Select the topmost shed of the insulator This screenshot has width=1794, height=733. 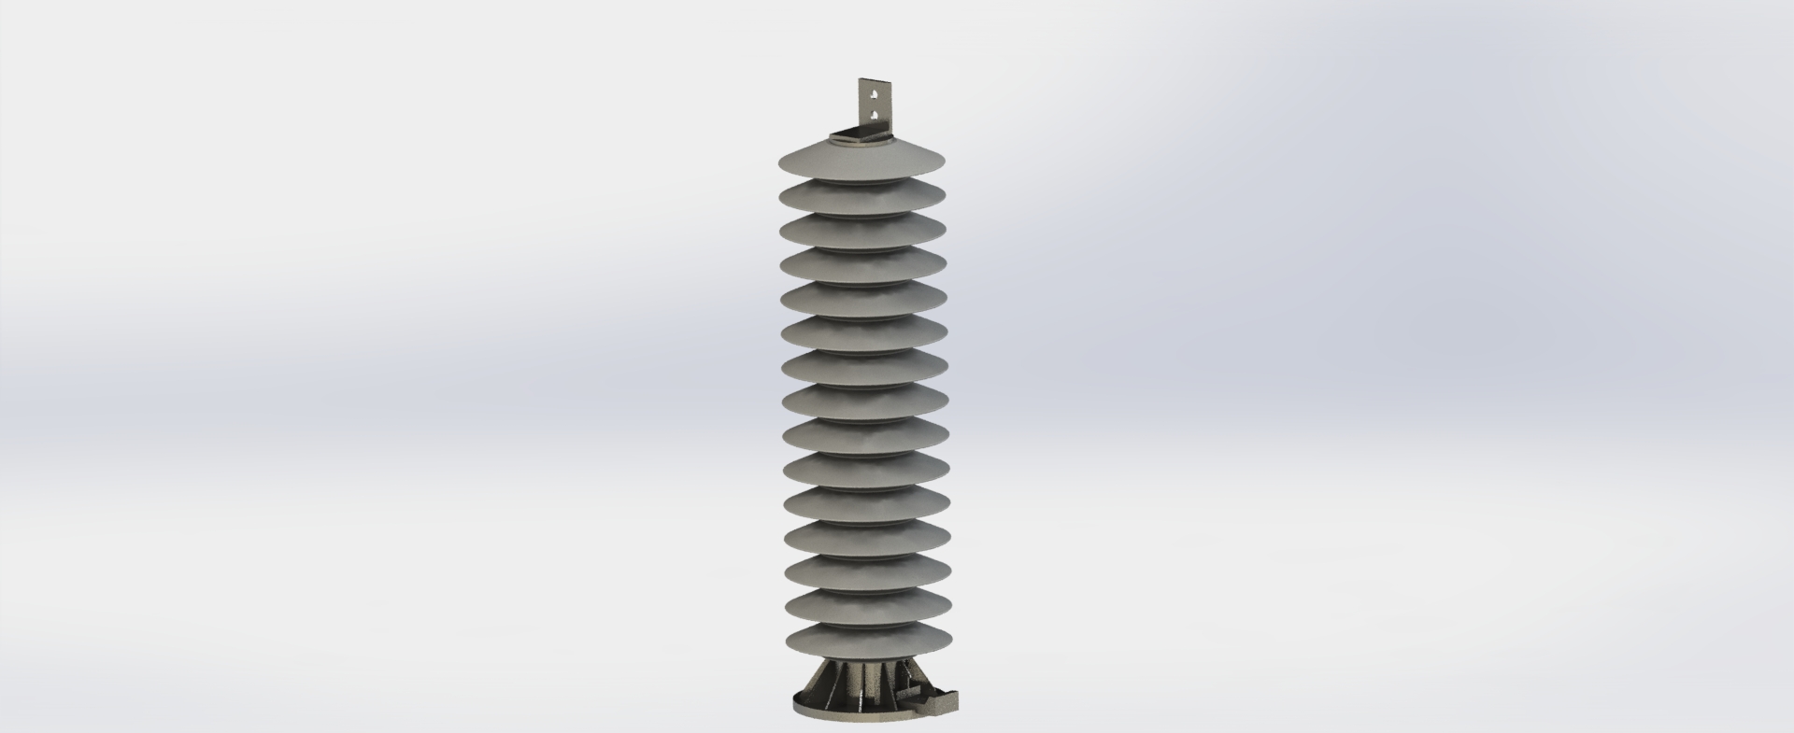click(861, 162)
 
